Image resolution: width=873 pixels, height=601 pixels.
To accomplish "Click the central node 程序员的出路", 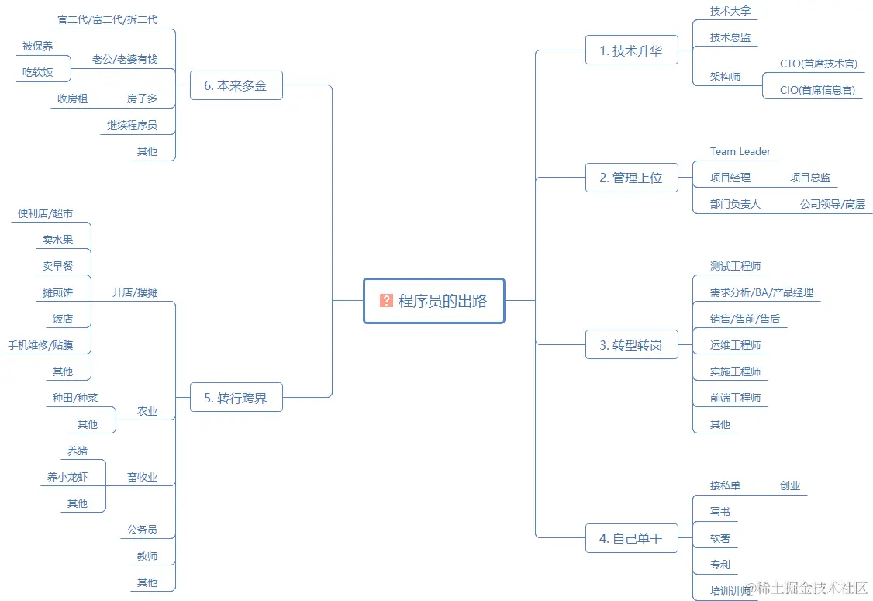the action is click(x=434, y=301).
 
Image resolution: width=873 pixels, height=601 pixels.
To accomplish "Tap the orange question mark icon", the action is click(x=386, y=301).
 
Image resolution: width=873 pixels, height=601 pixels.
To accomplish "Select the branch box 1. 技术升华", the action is click(x=631, y=50).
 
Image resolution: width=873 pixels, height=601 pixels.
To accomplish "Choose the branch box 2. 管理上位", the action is click(x=631, y=178).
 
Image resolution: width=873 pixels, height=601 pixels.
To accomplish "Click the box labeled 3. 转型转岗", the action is click(x=631, y=345).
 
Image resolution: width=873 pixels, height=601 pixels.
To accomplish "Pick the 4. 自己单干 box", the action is click(x=631, y=538).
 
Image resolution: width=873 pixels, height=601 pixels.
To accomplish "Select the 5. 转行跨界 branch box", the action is click(x=236, y=398).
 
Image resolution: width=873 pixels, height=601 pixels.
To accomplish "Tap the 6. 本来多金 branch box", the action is click(x=236, y=85).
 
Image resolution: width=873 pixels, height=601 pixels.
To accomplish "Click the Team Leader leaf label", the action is click(x=740, y=151).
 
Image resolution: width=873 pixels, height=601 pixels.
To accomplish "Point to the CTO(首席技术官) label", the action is click(x=818, y=64).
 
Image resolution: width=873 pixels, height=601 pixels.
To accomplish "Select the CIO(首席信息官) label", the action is click(x=818, y=90).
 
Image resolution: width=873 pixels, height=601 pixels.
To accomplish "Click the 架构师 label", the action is click(x=725, y=77).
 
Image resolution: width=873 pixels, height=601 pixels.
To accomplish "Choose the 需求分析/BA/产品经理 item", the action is click(x=761, y=292).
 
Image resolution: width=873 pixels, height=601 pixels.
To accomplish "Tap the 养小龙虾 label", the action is click(x=67, y=477).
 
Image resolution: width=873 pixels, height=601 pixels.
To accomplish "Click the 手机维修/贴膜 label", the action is click(x=40, y=345).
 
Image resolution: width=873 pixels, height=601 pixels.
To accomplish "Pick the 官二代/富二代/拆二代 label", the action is click(x=108, y=19).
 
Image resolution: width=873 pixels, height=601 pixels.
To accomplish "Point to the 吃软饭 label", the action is click(x=38, y=72).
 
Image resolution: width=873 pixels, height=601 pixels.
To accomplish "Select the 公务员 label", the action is click(x=142, y=530).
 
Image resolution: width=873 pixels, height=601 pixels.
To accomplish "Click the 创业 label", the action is click(x=790, y=485).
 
